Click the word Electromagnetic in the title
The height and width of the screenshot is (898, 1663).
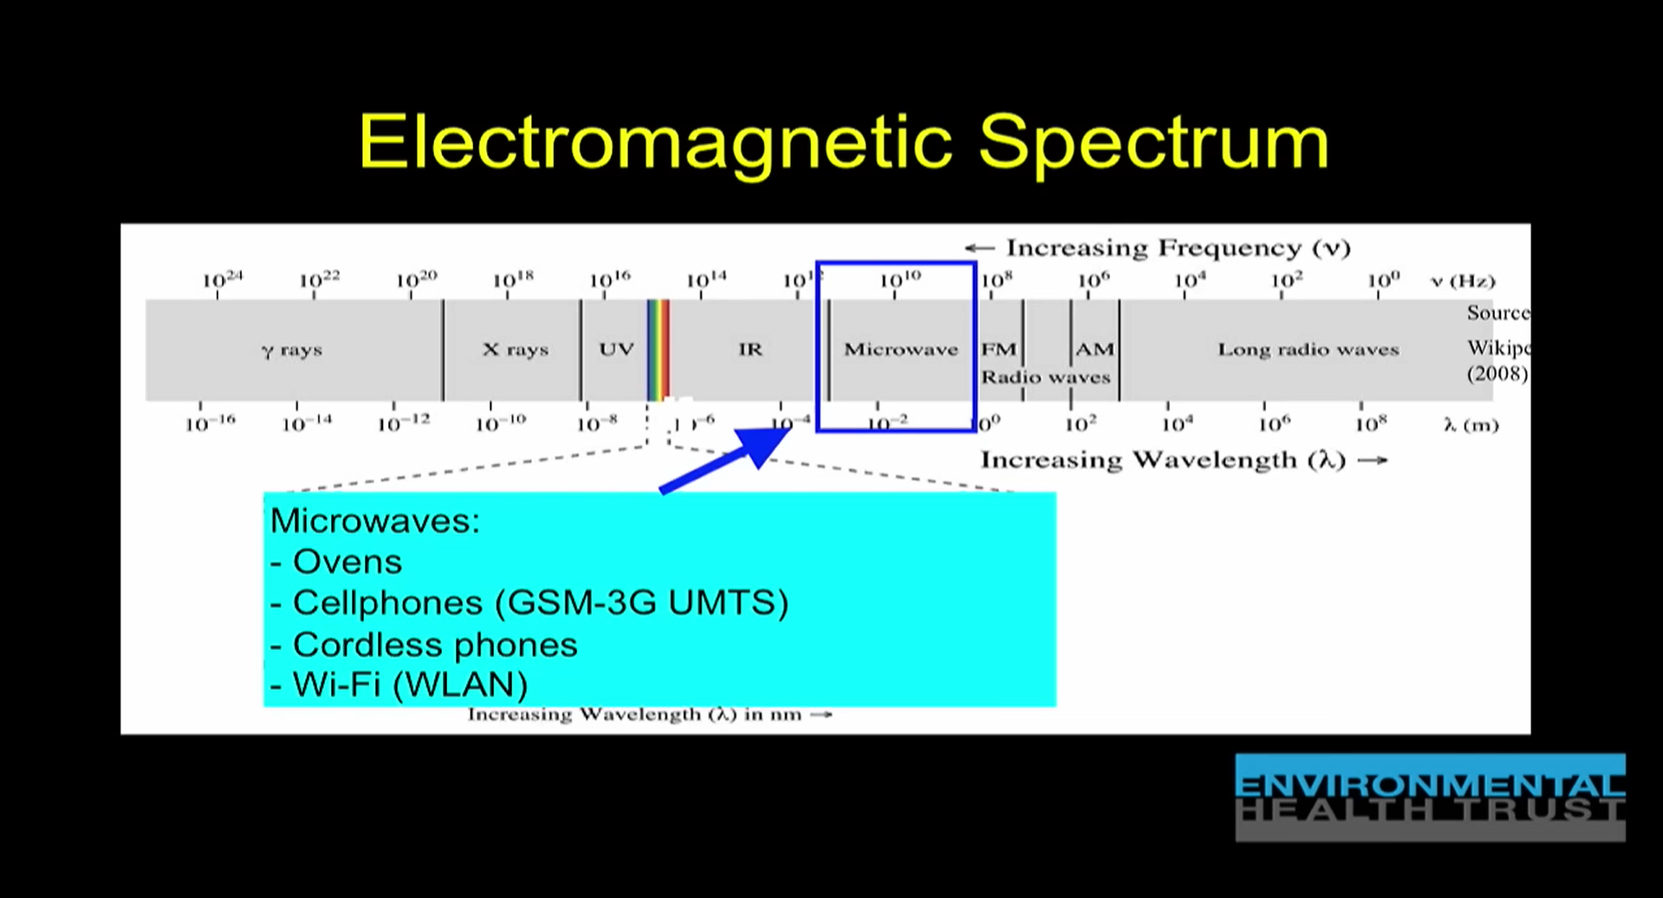click(655, 141)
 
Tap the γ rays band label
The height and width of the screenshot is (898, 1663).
click(291, 350)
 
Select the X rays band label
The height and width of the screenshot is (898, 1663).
click(515, 349)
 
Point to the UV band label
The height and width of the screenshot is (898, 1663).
click(616, 349)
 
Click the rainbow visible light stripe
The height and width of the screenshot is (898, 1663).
click(659, 349)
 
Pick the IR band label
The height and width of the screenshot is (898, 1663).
click(750, 349)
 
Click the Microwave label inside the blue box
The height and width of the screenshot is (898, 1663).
click(900, 349)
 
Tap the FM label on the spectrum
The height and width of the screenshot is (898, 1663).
click(998, 349)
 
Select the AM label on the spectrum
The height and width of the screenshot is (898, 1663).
click(1094, 349)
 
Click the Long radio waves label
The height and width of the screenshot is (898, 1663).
click(1308, 349)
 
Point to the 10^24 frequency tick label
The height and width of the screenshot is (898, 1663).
click(222, 280)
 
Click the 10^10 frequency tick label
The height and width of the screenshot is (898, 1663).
click(900, 280)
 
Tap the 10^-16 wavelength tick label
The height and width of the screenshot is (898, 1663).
click(210, 424)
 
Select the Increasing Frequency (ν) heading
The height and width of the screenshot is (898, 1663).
click(1158, 248)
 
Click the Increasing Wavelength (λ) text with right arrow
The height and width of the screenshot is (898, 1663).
click(1183, 459)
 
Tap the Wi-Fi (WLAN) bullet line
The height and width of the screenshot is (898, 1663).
click(399, 685)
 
